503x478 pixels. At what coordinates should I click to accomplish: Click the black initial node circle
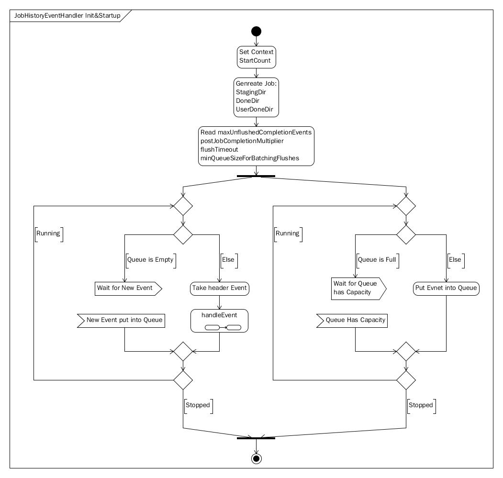click(257, 32)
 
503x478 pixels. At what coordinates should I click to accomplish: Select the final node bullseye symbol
click(257, 459)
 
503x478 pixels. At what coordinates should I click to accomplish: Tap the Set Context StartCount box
click(257, 57)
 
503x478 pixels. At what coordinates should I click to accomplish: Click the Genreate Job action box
click(257, 97)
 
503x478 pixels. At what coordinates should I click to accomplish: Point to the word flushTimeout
click(219, 149)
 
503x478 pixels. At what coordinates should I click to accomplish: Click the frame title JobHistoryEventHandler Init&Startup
click(67, 15)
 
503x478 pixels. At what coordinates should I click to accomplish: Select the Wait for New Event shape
click(128, 289)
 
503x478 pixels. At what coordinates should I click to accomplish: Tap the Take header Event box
click(219, 289)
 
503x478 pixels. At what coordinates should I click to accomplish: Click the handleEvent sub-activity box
click(219, 321)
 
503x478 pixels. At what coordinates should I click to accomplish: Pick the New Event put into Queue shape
click(121, 321)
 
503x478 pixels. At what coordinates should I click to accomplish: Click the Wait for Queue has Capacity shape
click(358, 289)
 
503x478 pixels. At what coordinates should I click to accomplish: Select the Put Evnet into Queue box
click(446, 289)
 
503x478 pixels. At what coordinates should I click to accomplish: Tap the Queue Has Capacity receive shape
click(352, 321)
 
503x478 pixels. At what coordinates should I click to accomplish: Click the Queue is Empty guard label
click(150, 259)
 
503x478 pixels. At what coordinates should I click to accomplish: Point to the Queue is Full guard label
click(377, 259)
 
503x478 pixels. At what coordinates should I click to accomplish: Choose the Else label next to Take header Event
click(228, 259)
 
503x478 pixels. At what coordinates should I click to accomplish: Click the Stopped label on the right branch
click(421, 405)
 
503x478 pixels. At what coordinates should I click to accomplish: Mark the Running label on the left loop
click(48, 233)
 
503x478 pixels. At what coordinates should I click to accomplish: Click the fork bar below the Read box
click(256, 176)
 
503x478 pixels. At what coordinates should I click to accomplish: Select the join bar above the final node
click(256, 438)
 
